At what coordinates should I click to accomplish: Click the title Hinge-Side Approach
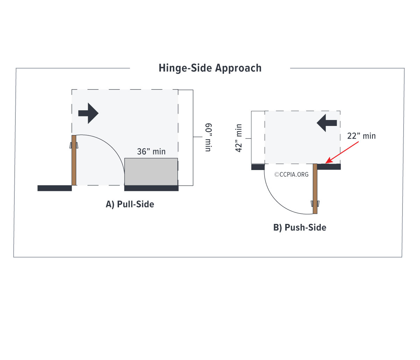click(x=210, y=68)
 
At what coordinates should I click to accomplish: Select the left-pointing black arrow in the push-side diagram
click(x=327, y=123)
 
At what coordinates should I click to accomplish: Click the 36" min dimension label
click(x=151, y=151)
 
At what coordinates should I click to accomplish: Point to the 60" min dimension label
click(x=208, y=137)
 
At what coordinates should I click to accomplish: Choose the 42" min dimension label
click(x=239, y=138)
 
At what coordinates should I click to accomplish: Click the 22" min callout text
click(x=361, y=136)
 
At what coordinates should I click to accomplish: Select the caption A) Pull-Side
click(x=130, y=204)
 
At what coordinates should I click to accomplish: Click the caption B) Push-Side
click(x=300, y=228)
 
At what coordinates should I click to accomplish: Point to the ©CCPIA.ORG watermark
click(x=292, y=174)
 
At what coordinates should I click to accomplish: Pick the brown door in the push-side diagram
click(x=315, y=189)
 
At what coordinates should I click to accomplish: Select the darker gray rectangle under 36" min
click(x=151, y=171)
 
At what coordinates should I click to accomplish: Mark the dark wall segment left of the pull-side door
click(x=55, y=188)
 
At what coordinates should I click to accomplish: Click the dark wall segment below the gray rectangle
click(x=151, y=188)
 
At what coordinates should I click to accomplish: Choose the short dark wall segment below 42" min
click(x=258, y=167)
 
